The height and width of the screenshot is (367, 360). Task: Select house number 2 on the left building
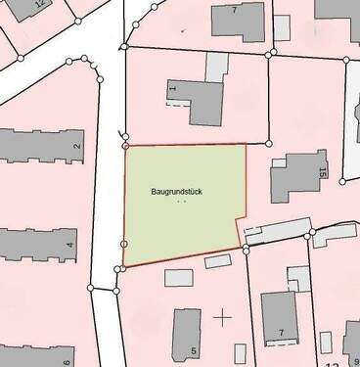pos(75,147)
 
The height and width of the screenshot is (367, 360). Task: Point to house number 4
pos(68,244)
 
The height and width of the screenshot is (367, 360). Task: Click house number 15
pos(320,173)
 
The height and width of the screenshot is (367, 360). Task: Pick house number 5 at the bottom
pos(194,350)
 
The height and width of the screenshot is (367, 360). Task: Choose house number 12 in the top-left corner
pos(39,4)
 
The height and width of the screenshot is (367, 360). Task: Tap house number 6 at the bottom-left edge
pos(67,361)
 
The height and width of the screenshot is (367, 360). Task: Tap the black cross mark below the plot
pos(224,316)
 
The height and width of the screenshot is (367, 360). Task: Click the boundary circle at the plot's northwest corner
pos(124,147)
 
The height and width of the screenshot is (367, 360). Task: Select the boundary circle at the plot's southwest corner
pos(122,265)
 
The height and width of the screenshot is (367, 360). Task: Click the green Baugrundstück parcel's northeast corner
pos(246,145)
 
